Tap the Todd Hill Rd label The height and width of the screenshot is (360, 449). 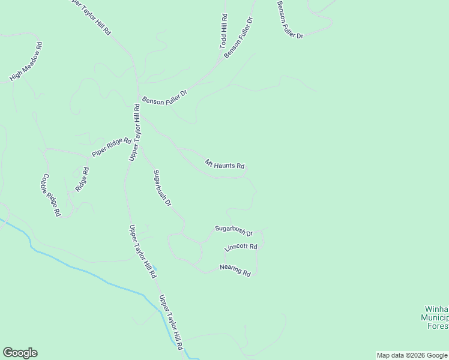223,32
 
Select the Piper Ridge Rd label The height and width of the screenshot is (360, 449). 111,148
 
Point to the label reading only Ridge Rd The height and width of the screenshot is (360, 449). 82,179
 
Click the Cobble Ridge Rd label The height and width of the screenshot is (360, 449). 51,195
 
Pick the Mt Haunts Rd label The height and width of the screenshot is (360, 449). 224,164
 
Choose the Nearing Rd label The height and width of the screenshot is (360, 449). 235,271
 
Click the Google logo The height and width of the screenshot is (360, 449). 20,353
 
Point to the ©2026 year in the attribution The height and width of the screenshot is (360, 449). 415,355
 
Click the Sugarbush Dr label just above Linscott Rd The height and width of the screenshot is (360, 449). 234,230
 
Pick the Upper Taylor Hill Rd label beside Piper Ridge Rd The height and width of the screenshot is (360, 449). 134,132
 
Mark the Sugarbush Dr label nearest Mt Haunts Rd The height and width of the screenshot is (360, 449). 162,188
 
